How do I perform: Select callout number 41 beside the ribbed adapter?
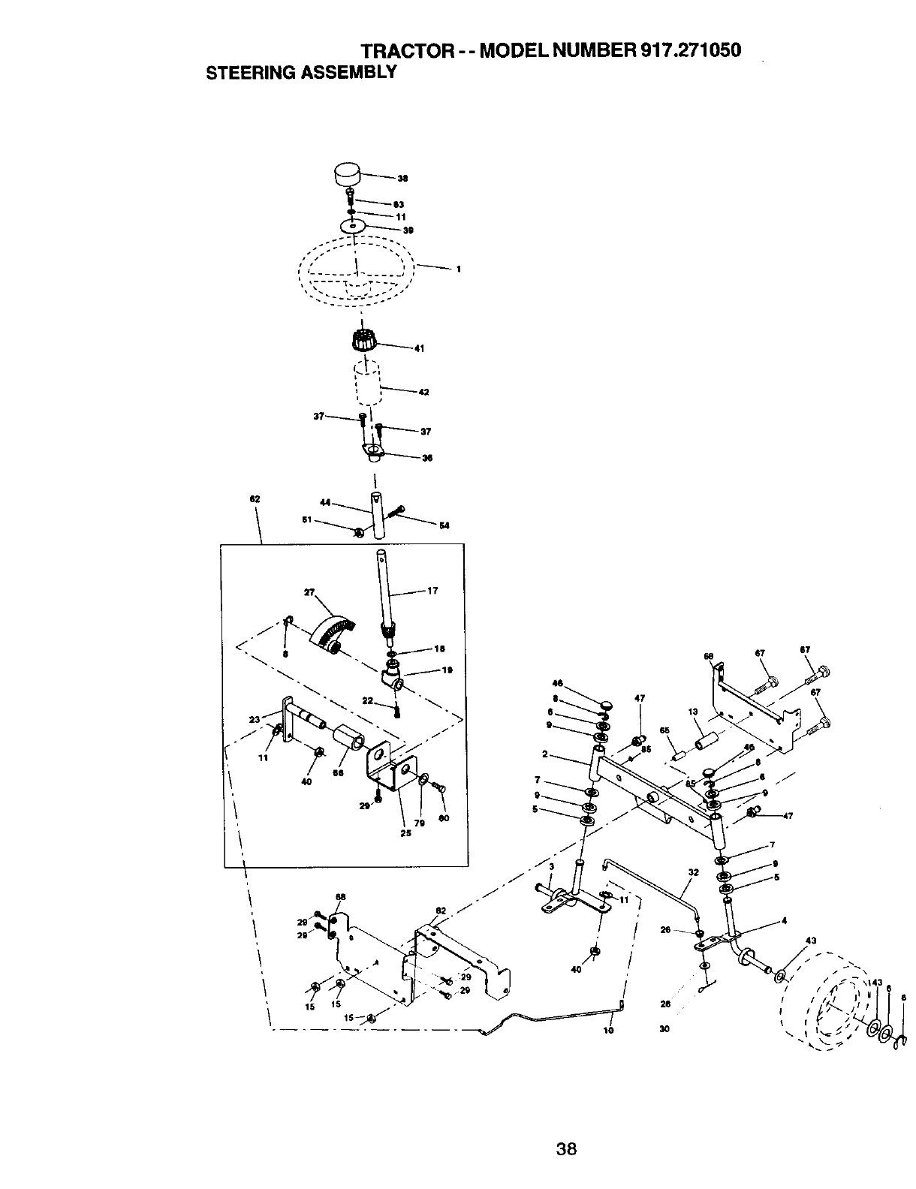click(x=420, y=348)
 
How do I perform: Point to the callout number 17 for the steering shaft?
click(x=432, y=591)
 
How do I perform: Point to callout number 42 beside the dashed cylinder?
click(x=423, y=392)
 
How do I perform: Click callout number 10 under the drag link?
click(x=609, y=1031)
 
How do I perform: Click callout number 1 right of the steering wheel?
click(x=458, y=269)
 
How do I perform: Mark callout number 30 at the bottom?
click(x=664, y=1029)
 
